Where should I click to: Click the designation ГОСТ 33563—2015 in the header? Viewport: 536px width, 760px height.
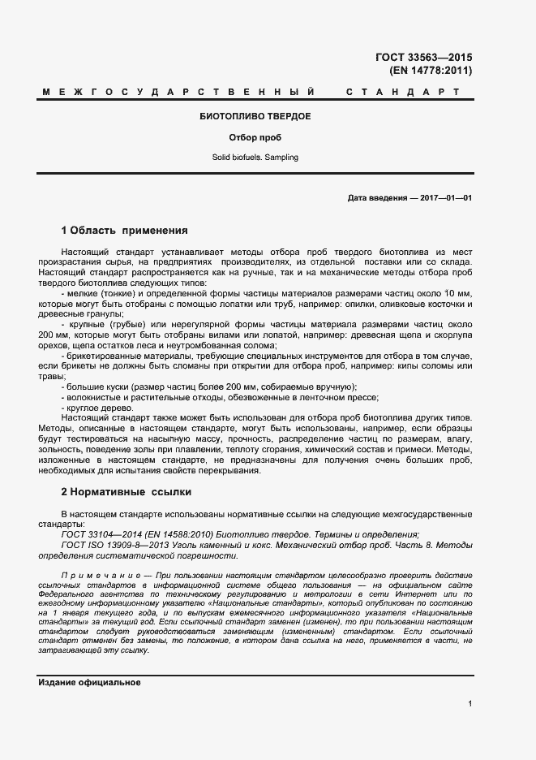click(424, 57)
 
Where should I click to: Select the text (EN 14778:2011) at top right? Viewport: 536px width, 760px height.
click(431, 71)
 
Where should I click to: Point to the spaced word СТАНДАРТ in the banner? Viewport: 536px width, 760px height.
click(403, 93)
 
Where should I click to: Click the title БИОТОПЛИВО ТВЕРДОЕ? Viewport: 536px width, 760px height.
click(255, 117)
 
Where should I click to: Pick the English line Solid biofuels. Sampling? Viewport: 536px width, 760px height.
click(255, 157)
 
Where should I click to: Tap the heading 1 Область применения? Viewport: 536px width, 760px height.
click(124, 231)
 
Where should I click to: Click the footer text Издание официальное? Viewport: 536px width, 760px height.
click(90, 683)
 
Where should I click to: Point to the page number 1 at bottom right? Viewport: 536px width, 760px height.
click(470, 703)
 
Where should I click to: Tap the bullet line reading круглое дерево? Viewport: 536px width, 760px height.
click(94, 408)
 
